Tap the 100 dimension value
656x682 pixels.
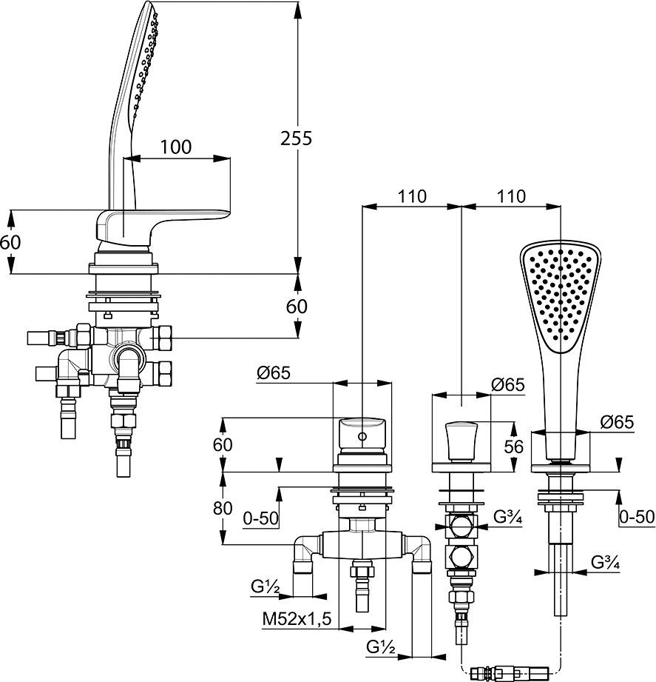[175, 147]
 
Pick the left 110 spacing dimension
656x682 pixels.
[411, 196]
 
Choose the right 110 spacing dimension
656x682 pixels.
[510, 196]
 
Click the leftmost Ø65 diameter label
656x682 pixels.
[273, 374]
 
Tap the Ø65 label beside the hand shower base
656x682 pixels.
[616, 422]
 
